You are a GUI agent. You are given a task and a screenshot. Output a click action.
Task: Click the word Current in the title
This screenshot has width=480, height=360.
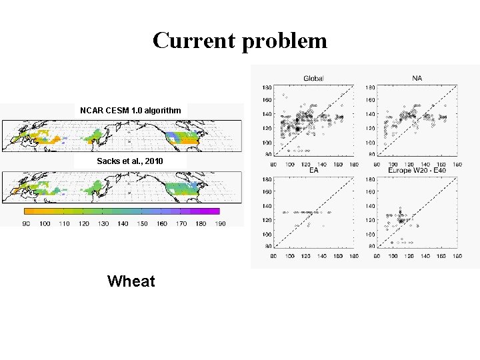pos(195,41)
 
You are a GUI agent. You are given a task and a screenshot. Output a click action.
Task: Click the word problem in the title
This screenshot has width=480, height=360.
pos(285,41)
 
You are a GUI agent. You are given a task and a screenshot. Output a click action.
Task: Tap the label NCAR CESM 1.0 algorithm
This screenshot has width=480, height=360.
pos(130,109)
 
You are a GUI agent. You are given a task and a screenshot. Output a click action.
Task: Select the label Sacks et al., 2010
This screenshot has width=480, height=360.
pos(129,161)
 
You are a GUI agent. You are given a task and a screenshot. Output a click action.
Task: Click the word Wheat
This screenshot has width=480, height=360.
pos(131,281)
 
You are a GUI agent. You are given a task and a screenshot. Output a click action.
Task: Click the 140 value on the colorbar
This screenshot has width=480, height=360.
pos(123,223)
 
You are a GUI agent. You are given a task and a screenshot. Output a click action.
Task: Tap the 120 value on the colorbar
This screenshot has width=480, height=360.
pos(84,223)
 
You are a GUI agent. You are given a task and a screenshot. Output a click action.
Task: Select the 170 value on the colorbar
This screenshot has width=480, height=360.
pos(182,223)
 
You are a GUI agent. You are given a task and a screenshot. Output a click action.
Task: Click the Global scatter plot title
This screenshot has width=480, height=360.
pos(313,79)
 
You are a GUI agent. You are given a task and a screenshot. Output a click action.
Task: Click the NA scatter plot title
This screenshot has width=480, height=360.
pos(417,79)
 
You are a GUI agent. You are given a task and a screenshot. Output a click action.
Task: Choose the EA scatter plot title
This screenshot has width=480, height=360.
pos(313,171)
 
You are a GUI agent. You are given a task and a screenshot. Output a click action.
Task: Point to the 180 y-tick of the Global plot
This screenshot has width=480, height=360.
pos(267,87)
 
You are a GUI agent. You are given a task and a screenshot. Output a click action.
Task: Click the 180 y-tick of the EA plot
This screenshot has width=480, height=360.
pos(267,179)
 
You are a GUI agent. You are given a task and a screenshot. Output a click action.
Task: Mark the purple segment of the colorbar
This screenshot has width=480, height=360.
pos(210,211)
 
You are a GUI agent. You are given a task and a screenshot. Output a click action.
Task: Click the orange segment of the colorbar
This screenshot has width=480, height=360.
pos(30,211)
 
